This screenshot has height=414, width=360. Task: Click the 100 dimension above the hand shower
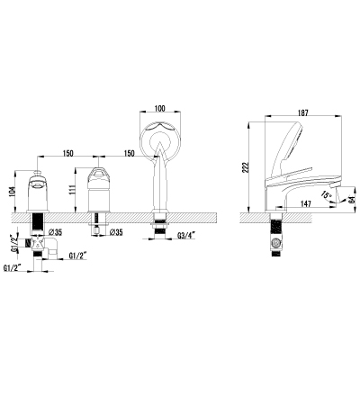159,108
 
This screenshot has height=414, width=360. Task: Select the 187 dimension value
303,112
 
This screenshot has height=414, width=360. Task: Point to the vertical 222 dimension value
246,167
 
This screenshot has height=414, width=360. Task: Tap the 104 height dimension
12,191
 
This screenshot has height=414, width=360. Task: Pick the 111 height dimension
72,190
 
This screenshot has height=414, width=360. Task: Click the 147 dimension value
305,203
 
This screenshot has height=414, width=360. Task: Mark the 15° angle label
326,194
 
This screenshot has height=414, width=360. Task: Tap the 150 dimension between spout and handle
68,153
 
